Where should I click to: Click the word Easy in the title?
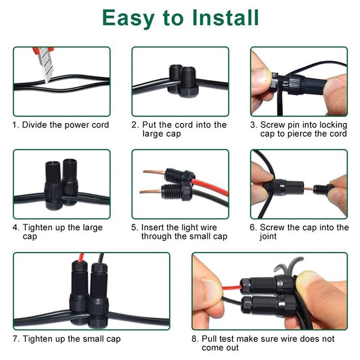click(x=127, y=18)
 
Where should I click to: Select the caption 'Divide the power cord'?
click(x=66, y=125)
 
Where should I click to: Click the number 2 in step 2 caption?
click(x=134, y=125)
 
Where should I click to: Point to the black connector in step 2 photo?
click(x=180, y=79)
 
